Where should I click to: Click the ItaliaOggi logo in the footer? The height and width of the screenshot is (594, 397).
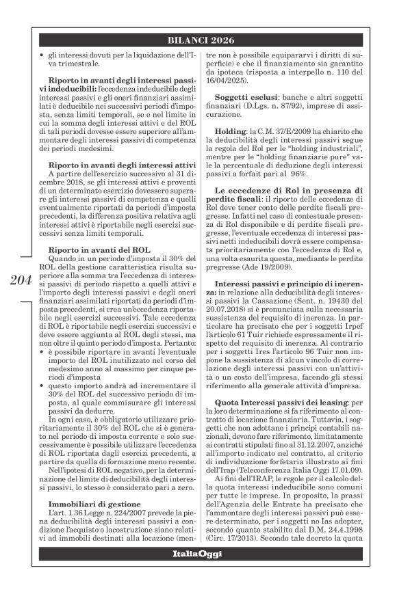coord(205,572)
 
